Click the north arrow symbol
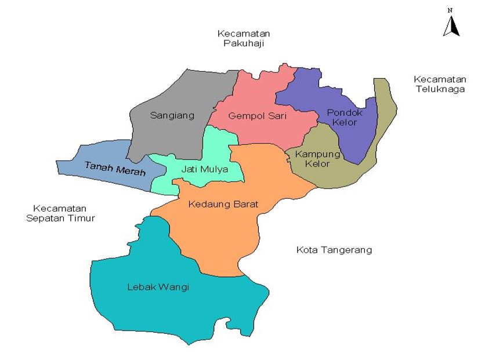(451, 27)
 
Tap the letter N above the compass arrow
(450, 10)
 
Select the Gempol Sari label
(258, 115)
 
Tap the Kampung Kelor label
(313, 159)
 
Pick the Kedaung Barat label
(223, 204)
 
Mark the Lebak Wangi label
(158, 287)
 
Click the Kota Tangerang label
(334, 250)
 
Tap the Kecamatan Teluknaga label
(440, 84)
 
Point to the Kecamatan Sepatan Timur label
(60, 213)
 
